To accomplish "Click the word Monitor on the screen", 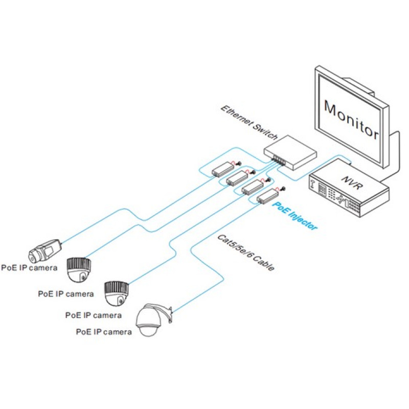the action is [351, 120].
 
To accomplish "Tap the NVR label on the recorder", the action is [352, 183].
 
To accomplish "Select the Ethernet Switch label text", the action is [249, 123].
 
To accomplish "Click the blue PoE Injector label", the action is [295, 215].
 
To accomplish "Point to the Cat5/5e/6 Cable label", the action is [246, 253].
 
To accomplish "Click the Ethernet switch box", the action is [290, 152].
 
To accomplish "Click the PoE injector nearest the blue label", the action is [267, 196].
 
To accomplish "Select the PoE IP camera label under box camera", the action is [29, 268].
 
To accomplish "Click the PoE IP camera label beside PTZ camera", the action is [104, 332].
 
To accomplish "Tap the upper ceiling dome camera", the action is [79, 270].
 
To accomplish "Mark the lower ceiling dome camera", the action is [117, 293].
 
